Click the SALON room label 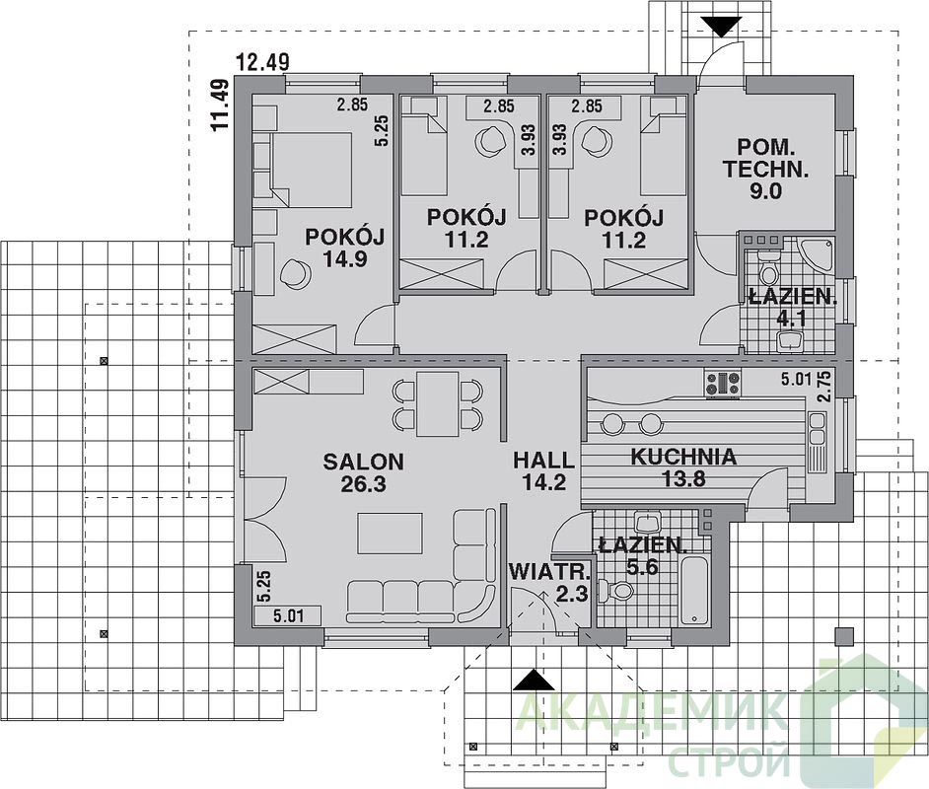(x=363, y=461)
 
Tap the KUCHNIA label (x=683, y=457)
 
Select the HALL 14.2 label (x=544, y=470)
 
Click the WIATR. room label (x=550, y=572)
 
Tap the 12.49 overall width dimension (x=262, y=61)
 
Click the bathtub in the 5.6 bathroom (x=695, y=590)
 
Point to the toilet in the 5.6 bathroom (x=615, y=591)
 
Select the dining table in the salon (x=437, y=403)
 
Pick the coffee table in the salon (x=390, y=534)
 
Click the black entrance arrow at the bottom (x=534, y=680)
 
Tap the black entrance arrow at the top (x=721, y=27)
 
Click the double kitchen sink (x=817, y=430)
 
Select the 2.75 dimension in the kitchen (x=823, y=387)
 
